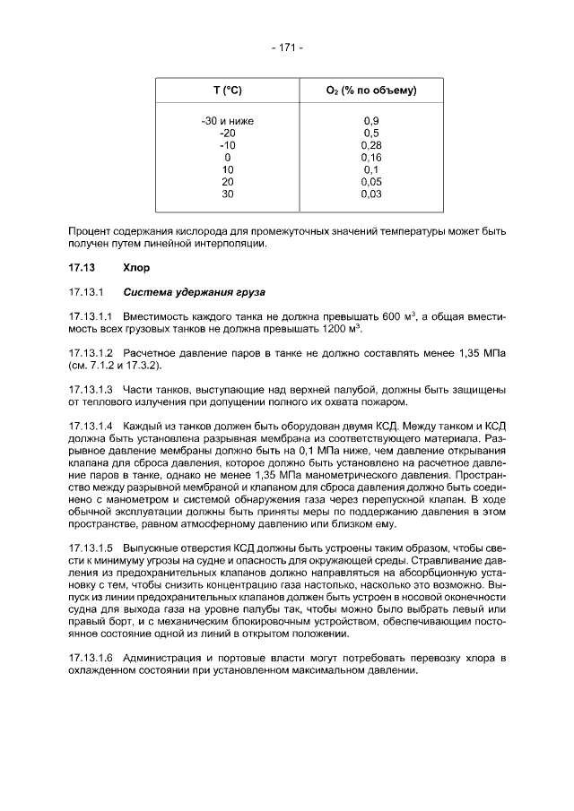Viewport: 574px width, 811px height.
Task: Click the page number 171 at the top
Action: [x=286, y=47]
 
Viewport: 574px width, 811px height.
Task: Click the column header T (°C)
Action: [x=228, y=91]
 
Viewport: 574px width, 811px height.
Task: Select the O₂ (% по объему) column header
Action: [x=371, y=91]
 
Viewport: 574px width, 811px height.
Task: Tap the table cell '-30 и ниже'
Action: [x=228, y=120]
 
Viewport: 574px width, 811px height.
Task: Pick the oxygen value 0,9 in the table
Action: [x=371, y=120]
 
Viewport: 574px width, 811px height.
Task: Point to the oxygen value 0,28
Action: [x=371, y=144]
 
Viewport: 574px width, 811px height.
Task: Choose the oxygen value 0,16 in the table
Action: [x=371, y=157]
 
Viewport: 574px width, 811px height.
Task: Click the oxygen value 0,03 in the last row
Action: [x=371, y=193]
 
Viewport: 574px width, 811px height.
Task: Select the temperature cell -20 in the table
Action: [x=228, y=133]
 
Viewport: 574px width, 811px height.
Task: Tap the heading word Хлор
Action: [x=136, y=267]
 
